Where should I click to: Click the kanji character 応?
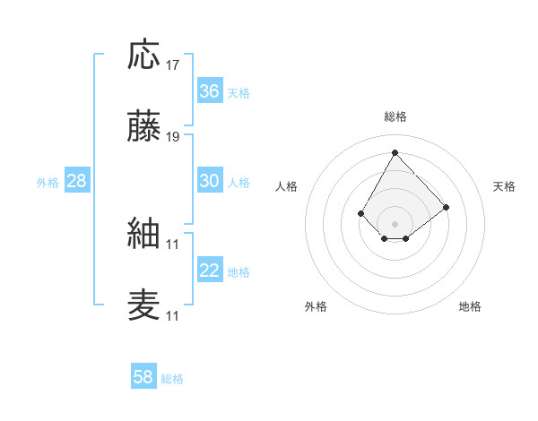(x=144, y=56)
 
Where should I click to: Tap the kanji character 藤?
(x=144, y=129)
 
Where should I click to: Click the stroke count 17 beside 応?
(x=173, y=65)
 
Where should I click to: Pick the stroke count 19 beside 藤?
(x=173, y=138)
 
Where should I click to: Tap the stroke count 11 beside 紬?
(x=173, y=244)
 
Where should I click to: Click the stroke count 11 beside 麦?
(x=173, y=316)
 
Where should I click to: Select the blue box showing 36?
(x=210, y=91)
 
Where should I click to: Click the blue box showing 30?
(x=210, y=181)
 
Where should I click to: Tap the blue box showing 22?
(x=210, y=271)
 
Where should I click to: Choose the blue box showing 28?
(x=77, y=181)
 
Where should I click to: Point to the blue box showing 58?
(x=143, y=377)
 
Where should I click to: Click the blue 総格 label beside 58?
(x=173, y=379)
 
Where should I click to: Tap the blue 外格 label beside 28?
(x=48, y=183)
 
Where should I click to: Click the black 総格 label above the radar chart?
(x=395, y=116)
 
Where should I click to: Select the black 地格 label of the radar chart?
(x=470, y=307)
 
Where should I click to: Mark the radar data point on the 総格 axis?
(x=395, y=151)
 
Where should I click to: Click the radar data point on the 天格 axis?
(x=447, y=207)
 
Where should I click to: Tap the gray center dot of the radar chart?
(x=395, y=223)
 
